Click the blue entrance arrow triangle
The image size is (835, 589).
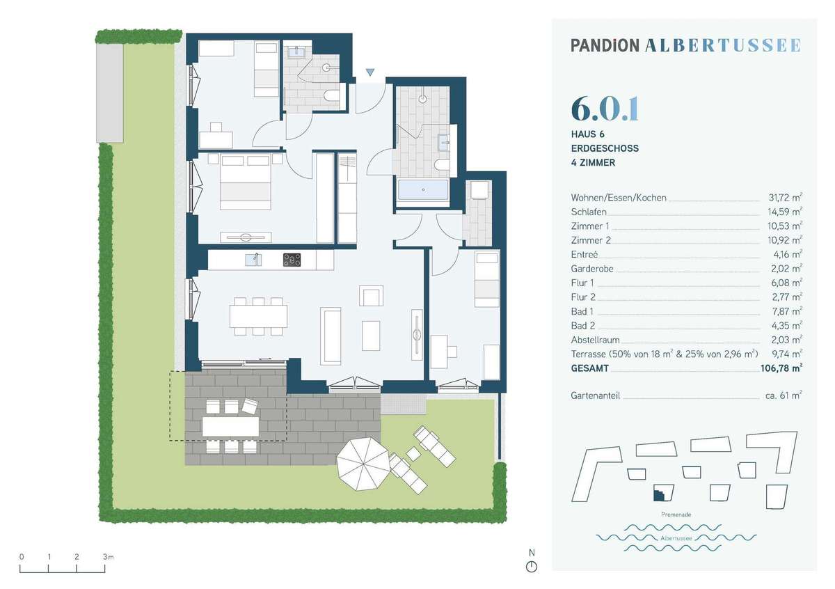(369, 72)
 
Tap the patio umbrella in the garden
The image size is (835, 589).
(363, 464)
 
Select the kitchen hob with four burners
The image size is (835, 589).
(292, 260)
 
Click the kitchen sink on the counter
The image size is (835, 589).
(253, 260)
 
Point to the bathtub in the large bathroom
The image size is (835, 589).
(423, 190)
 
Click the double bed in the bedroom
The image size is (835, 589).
(245, 182)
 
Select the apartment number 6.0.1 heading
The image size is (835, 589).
(605, 109)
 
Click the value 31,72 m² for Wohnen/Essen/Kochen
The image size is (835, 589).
(785, 197)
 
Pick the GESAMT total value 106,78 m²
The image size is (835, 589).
(781, 368)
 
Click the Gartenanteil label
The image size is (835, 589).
(596, 395)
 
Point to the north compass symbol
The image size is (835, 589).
(532, 567)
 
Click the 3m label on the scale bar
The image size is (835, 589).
(108, 557)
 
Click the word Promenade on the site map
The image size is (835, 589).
(676, 515)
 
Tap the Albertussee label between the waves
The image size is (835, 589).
(676, 538)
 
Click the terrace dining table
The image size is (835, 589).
(230, 426)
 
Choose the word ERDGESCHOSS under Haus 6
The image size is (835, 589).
(605, 148)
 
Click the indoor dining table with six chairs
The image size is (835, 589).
(258, 316)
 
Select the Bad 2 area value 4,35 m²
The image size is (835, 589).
(786, 326)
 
